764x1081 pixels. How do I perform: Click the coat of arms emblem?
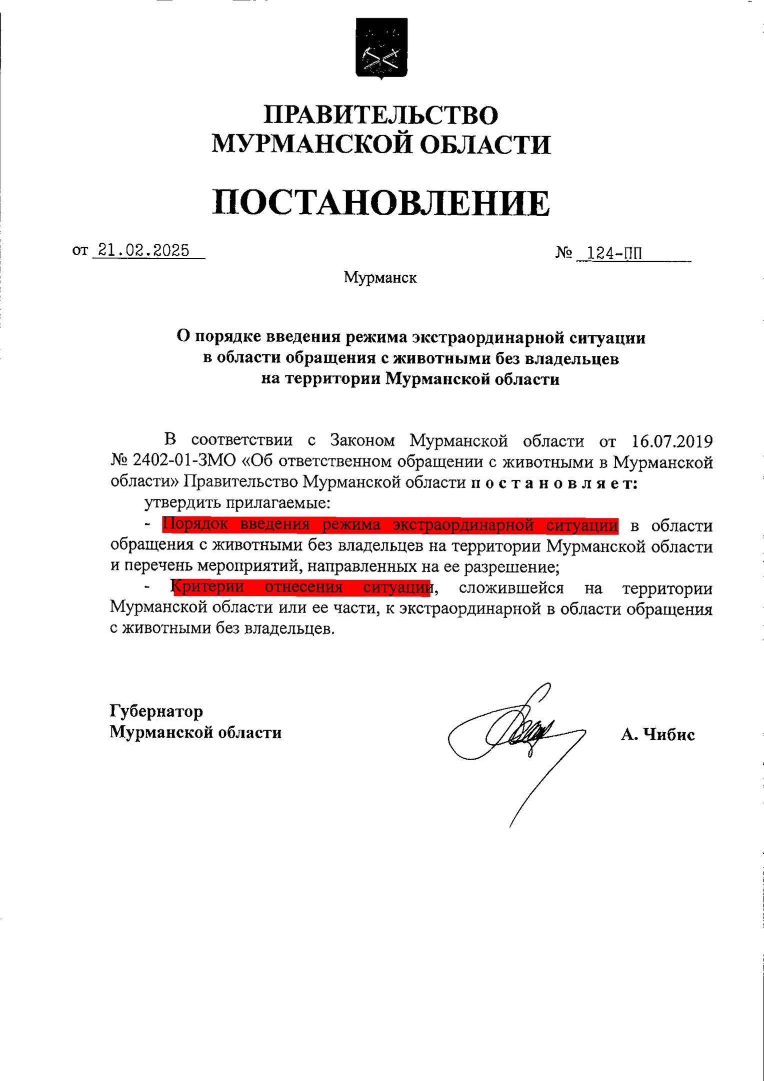tap(381, 49)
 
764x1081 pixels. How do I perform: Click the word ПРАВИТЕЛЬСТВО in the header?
tap(381, 115)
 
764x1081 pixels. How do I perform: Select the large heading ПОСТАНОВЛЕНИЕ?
tap(381, 203)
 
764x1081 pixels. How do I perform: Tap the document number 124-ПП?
tap(614, 254)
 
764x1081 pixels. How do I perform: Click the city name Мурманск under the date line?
tap(380, 277)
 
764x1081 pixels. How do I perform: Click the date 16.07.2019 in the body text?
tap(672, 441)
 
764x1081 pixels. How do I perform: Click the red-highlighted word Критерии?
tap(207, 587)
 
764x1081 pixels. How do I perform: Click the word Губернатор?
tap(156, 711)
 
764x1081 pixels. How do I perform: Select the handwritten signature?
tap(515, 736)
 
